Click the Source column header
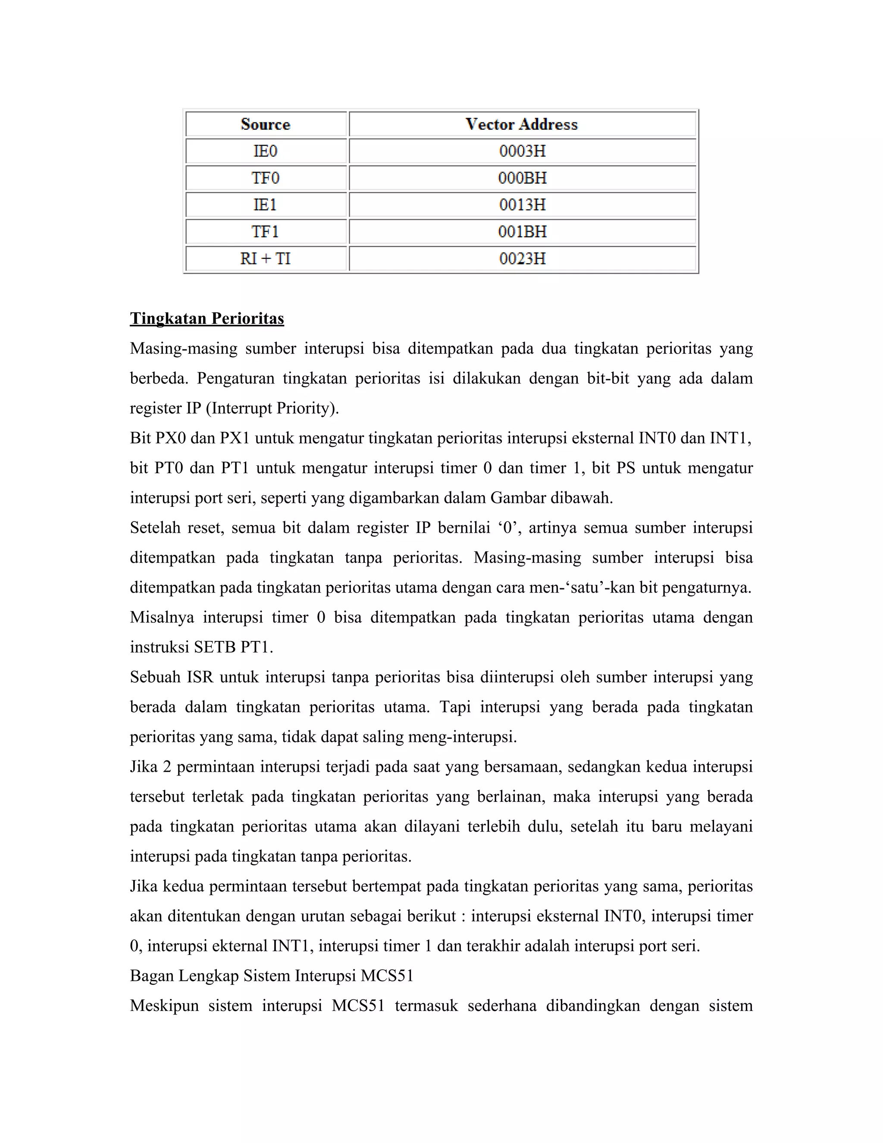point(265,125)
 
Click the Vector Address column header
point(522,125)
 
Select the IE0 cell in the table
point(265,151)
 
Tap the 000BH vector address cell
point(522,178)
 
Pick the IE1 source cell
point(265,204)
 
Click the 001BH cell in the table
point(522,231)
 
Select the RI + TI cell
point(265,258)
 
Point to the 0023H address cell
point(522,258)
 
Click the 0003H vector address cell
point(522,151)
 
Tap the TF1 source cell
point(265,231)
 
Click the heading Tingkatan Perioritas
point(207,318)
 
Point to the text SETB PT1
point(233,647)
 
